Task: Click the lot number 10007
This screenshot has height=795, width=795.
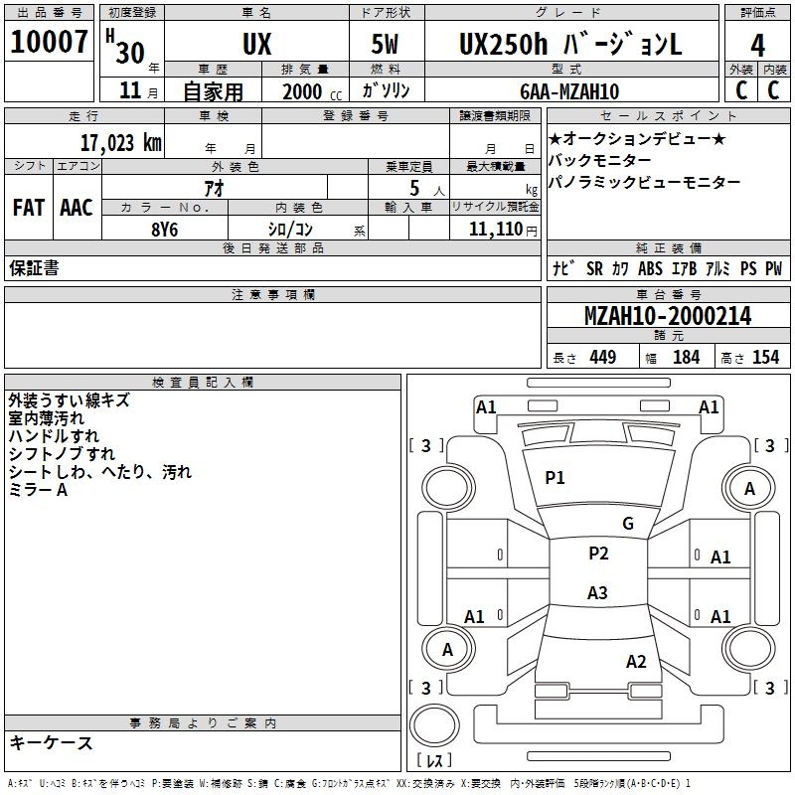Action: pos(50,42)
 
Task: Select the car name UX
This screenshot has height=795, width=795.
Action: pos(256,45)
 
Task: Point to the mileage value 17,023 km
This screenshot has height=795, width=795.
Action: pos(120,141)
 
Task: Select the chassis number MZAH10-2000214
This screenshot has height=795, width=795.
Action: pos(667,316)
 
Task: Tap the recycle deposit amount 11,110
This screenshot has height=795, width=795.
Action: pos(495,229)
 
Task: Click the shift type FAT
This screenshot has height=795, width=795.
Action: pos(28,208)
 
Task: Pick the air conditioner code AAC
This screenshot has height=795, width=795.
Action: pos(76,208)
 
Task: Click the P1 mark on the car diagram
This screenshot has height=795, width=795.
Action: pos(555,478)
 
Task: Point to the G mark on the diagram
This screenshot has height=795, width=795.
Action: pos(627,524)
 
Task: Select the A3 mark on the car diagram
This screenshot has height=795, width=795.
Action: pos(596,593)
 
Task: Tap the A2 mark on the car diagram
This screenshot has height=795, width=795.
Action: pos(636,662)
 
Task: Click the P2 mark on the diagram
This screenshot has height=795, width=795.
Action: pos(598,554)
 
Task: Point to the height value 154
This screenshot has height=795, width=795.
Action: pos(765,358)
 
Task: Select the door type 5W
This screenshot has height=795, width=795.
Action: pos(387,45)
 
